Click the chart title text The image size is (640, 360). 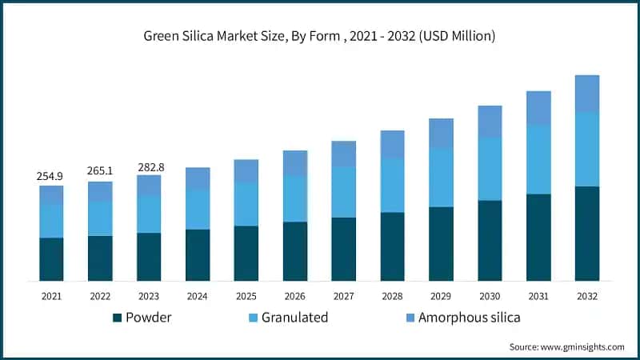pyautogui.click(x=319, y=36)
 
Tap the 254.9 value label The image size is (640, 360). pyautogui.click(x=51, y=175)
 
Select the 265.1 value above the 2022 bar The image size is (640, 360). pyautogui.click(x=100, y=170)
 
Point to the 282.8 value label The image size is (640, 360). pyautogui.click(x=149, y=166)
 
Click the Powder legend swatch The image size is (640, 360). pyautogui.click(x=118, y=318)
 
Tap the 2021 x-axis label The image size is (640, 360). pyautogui.click(x=51, y=295)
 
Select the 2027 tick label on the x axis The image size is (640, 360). pyautogui.click(x=343, y=295)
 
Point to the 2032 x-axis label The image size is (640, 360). pyautogui.click(x=587, y=295)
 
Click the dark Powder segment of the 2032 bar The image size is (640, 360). pyautogui.click(x=587, y=234)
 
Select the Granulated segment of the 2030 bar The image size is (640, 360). pyautogui.click(x=490, y=169)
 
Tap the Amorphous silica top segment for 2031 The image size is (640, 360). pyautogui.click(x=538, y=108)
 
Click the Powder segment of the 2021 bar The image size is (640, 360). pyautogui.click(x=51, y=259)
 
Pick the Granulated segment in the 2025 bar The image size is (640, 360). pyautogui.click(x=246, y=204)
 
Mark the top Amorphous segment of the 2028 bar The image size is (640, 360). pyautogui.click(x=392, y=144)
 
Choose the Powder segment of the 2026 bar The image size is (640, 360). pyautogui.click(x=294, y=251)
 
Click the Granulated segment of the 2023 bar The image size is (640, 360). pyautogui.click(x=149, y=214)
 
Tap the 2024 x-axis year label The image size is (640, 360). pyautogui.click(x=198, y=295)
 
